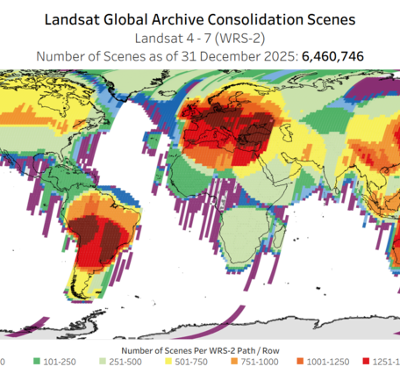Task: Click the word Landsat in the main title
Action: (81, 17)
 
